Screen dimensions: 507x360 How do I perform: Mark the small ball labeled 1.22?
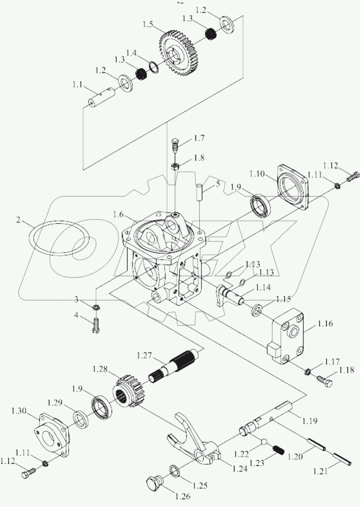tap(264, 442)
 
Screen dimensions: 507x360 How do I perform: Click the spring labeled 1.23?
tap(279, 450)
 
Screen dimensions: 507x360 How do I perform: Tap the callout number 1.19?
tap(310, 420)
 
